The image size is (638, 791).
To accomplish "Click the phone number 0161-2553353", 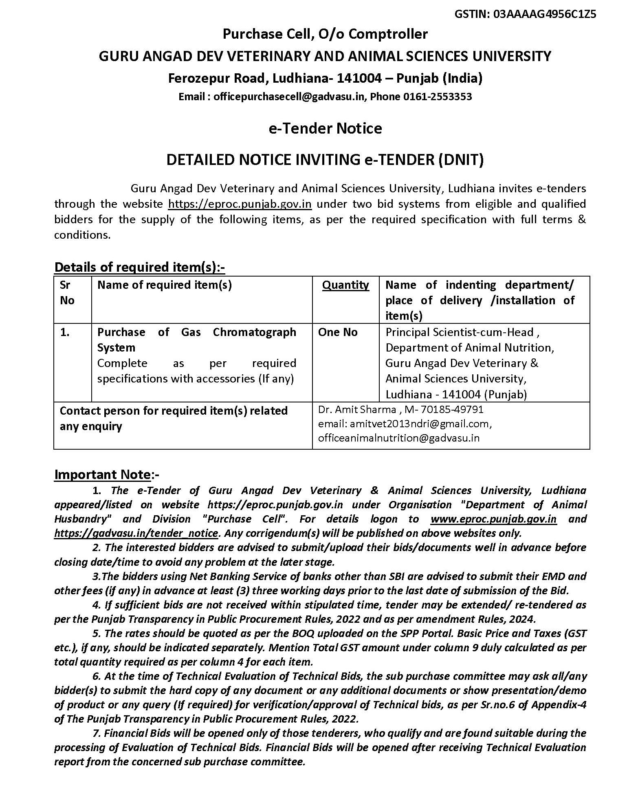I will pos(438,97).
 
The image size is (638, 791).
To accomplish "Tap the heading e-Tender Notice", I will pos(325,128).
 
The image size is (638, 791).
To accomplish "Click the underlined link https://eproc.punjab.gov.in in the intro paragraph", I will pos(240,204).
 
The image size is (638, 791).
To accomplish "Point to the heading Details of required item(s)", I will pos(139,267).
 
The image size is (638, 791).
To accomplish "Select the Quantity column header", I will pos(345,285).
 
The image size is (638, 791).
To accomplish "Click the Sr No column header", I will pos(68,292).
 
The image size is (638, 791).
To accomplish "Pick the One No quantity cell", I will pos(338,332).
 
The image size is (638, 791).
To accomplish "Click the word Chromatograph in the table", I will pos(255,332).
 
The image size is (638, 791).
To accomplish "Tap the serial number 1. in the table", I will pos(65,332).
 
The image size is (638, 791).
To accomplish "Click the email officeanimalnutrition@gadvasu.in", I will pos(399,438).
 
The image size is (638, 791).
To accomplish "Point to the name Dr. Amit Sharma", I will pos(357,409).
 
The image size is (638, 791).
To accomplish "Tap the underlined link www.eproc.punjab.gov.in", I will pos(493,519).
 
